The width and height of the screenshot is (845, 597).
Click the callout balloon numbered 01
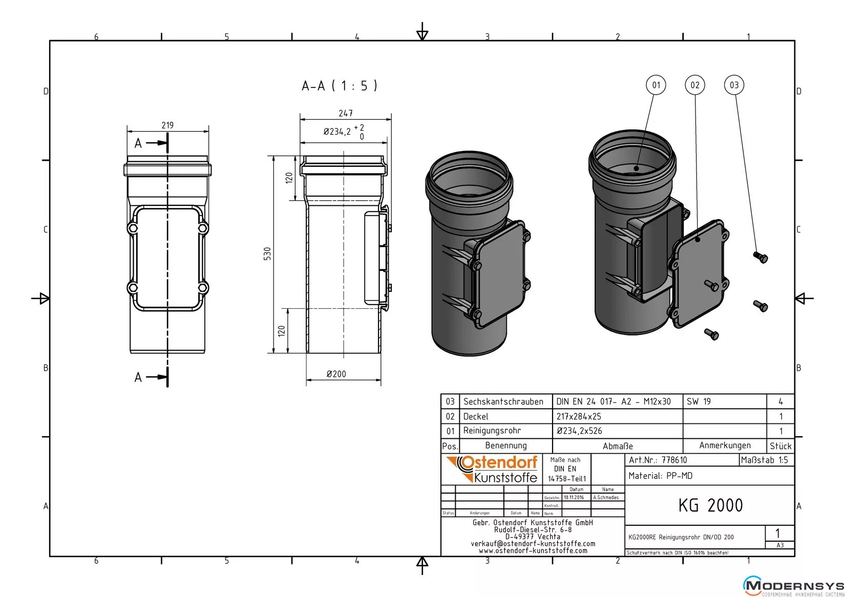pyautogui.click(x=656, y=85)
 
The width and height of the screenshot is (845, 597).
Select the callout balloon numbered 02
pyautogui.click(x=695, y=85)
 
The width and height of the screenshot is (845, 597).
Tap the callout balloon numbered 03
pyautogui.click(x=734, y=85)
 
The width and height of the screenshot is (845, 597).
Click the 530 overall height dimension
pyautogui.click(x=267, y=253)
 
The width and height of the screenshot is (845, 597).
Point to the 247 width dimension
pyautogui.click(x=346, y=113)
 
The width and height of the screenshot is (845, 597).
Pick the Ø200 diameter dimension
pyautogui.click(x=336, y=374)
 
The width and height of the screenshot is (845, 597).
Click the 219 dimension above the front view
pyautogui.click(x=167, y=125)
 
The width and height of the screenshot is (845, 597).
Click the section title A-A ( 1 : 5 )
pyautogui.click(x=340, y=86)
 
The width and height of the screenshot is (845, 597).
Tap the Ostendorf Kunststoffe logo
pyautogui.click(x=492, y=469)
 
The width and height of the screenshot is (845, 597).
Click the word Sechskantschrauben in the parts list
pyautogui.click(x=503, y=401)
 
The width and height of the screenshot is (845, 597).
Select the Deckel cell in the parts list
pyautogui.click(x=476, y=416)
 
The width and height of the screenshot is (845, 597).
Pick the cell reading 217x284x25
pyautogui.click(x=579, y=416)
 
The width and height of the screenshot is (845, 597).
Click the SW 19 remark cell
pyautogui.click(x=699, y=401)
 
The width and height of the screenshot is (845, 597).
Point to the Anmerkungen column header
pyautogui.click(x=725, y=445)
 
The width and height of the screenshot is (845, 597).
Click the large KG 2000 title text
pyautogui.click(x=710, y=505)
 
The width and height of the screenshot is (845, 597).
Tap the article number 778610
pyautogui.click(x=674, y=460)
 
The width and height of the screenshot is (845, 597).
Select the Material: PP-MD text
pyautogui.click(x=661, y=476)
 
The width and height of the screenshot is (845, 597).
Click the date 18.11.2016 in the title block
pyautogui.click(x=574, y=497)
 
